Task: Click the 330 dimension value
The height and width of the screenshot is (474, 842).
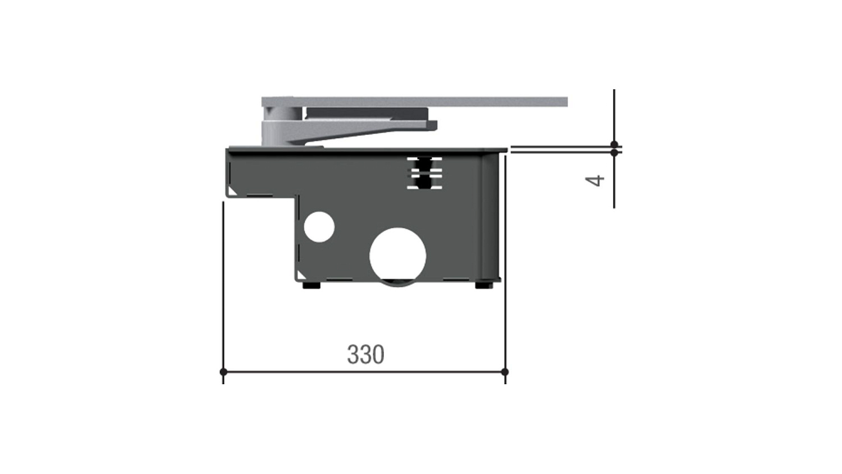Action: (365, 354)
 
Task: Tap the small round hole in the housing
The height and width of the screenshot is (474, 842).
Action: (319, 227)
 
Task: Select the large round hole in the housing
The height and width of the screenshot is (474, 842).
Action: (397, 256)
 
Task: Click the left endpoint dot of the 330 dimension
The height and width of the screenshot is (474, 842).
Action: (223, 372)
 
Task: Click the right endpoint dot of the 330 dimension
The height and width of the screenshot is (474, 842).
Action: (505, 372)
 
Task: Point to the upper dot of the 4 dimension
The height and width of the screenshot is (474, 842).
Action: (614, 144)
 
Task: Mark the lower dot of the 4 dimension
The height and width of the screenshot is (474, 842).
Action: (614, 153)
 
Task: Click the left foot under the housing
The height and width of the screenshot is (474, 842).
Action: (312, 285)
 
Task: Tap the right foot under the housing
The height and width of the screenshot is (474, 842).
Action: (484, 285)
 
